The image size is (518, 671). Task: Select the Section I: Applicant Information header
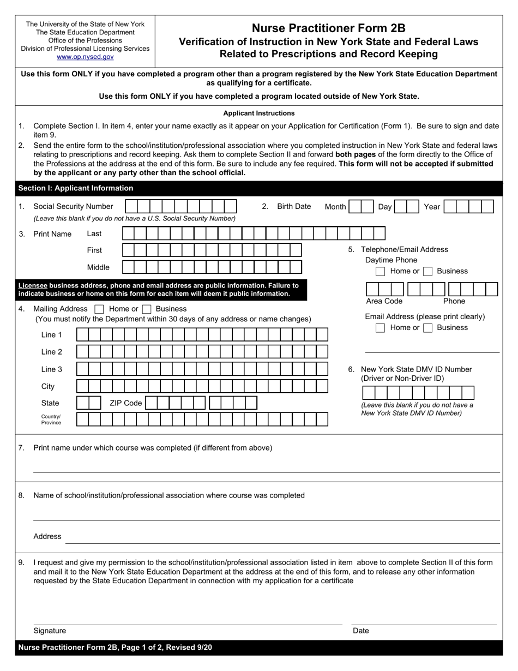pos(76,188)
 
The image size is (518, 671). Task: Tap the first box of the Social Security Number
pos(131,206)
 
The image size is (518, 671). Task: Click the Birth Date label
pos(294,206)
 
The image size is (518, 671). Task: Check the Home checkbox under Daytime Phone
pos(381,271)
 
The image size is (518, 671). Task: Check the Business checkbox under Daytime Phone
pos(428,271)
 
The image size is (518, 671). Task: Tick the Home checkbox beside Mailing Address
pos(99,309)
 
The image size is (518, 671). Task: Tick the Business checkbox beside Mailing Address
pos(146,309)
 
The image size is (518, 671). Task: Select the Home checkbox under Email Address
pos(381,328)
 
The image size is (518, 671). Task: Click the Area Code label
pos(384,301)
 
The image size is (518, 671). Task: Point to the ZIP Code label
pos(125,403)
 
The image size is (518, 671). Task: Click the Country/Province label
pos(51,420)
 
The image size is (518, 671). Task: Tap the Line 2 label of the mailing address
pos(51,352)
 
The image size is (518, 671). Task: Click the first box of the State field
pos(82,403)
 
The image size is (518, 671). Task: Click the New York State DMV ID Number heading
pos(416,369)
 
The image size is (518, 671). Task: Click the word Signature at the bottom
pos(50,631)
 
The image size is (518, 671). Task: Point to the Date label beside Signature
pos(361,631)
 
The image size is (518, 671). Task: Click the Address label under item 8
pos(47,536)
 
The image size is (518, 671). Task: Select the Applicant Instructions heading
pos(259,113)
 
